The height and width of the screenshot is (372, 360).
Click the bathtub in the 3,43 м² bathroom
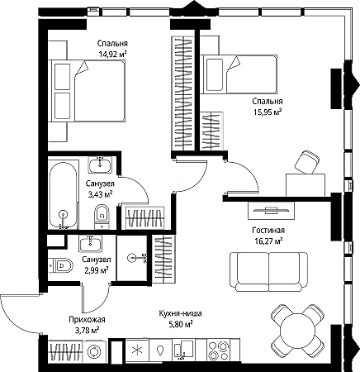click(64, 195)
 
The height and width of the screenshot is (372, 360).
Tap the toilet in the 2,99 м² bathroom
click(61, 265)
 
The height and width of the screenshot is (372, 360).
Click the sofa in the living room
click(268, 272)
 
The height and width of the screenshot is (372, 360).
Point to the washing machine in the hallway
click(94, 351)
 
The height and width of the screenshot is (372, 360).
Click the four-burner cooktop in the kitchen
click(219, 351)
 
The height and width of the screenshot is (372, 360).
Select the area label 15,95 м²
click(267, 112)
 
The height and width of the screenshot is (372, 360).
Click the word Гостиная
click(268, 230)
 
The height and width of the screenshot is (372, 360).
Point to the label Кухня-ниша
click(180, 313)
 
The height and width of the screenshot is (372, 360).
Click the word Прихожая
click(87, 320)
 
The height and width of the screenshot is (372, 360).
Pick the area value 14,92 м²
click(112, 55)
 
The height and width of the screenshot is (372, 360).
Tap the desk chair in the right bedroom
click(307, 162)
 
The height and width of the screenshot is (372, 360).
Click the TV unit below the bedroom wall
click(271, 211)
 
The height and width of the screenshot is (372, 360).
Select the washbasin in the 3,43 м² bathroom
click(100, 165)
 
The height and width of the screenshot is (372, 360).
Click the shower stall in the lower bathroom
click(132, 258)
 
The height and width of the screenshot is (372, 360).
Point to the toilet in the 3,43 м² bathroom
click(102, 217)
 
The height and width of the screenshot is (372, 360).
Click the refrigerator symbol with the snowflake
click(137, 351)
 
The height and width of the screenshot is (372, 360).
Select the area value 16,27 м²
click(268, 241)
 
